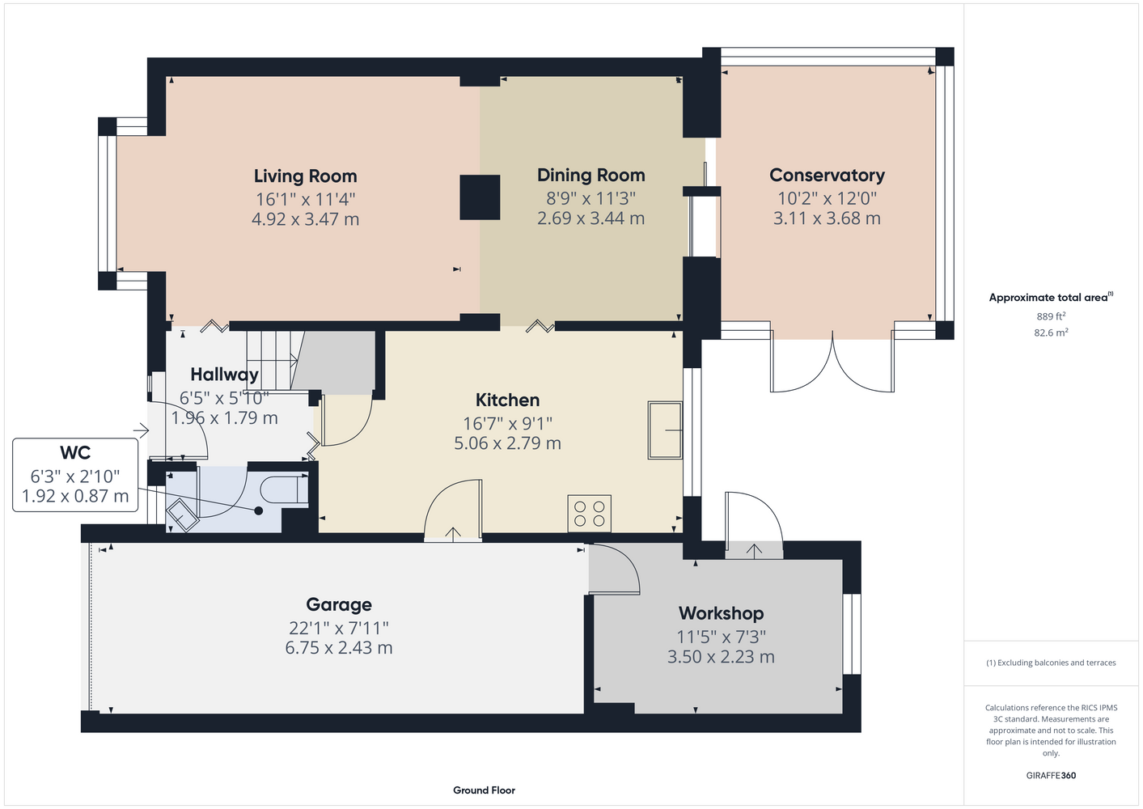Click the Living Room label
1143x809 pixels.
click(305, 176)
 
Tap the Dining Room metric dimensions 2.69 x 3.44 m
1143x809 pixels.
click(591, 218)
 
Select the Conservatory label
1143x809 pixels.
click(827, 175)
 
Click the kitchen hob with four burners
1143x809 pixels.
click(590, 514)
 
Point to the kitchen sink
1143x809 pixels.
click(666, 430)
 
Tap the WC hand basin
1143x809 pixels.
click(183, 515)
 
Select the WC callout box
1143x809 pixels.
click(75, 475)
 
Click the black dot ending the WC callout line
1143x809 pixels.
click(259, 510)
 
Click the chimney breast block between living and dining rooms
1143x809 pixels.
click(480, 197)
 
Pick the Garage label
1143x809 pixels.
click(339, 605)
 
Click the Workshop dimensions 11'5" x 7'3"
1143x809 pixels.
click(721, 637)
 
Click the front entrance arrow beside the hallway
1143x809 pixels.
click(141, 430)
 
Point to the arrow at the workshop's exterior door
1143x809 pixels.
click(754, 550)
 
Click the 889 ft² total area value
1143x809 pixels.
click(1051, 316)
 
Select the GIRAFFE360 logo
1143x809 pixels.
click(1051, 775)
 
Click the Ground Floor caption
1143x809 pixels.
click(485, 790)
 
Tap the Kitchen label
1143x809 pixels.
click(507, 400)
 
